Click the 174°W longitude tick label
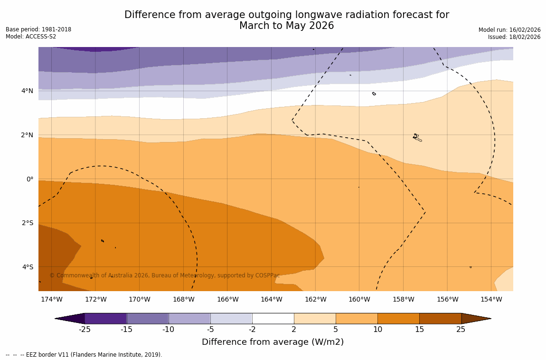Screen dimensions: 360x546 [x=51, y=299]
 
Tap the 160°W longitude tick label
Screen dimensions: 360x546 [x=359, y=299]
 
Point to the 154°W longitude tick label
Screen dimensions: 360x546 [x=491, y=299]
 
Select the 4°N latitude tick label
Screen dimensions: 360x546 [x=28, y=91]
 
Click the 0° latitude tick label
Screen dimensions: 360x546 [x=30, y=179]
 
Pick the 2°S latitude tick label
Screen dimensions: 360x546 [x=28, y=223]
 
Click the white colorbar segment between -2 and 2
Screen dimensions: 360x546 [x=273, y=318]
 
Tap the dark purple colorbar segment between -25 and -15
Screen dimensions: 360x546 [x=105, y=318]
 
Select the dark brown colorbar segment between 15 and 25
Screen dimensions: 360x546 [x=440, y=318]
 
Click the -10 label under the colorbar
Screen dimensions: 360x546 [x=169, y=330]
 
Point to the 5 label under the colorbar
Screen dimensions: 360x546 [x=336, y=330]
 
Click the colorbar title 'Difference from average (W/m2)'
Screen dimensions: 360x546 [x=273, y=342]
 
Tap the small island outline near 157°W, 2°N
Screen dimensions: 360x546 [x=417, y=137]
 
